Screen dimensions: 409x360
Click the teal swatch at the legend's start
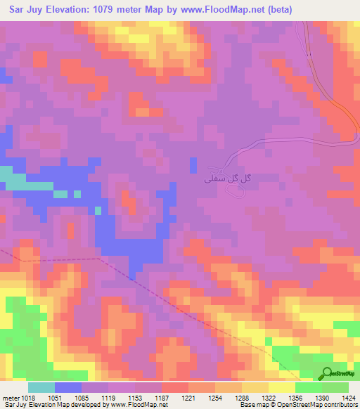click(x=41, y=387)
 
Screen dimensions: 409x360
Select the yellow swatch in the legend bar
click(x=281, y=387)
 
